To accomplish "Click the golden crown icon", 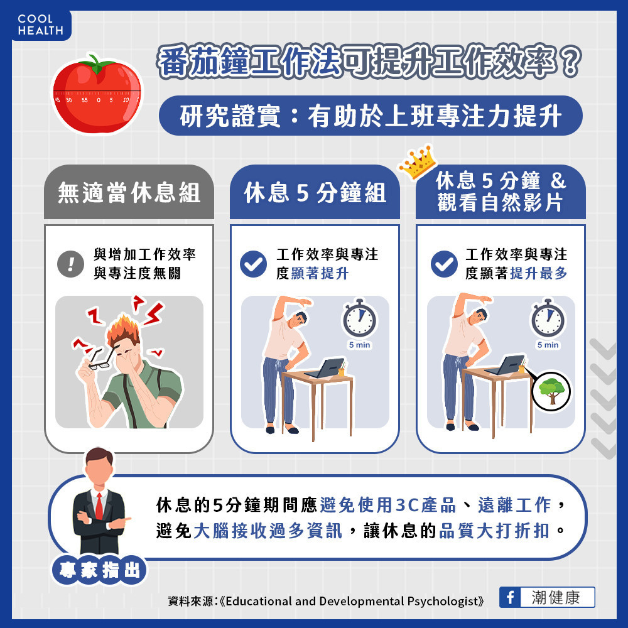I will click(x=417, y=163).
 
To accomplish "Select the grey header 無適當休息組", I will click(x=129, y=193).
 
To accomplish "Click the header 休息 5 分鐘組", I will click(x=315, y=193).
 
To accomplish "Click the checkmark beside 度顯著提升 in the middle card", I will click(x=254, y=264).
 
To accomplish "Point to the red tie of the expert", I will click(x=98, y=505).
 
